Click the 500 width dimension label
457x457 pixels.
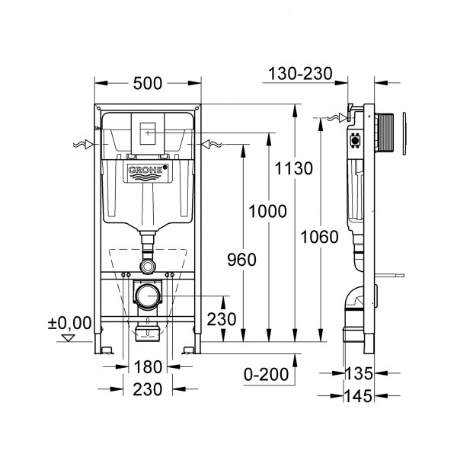(147, 80)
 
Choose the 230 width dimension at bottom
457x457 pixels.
(146, 390)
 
